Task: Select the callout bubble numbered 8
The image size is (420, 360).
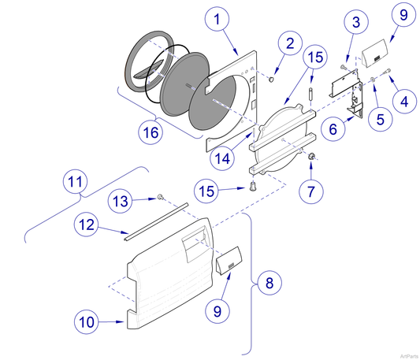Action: pyautogui.click(x=269, y=281)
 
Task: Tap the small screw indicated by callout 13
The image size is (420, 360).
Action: pyautogui.click(x=160, y=196)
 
